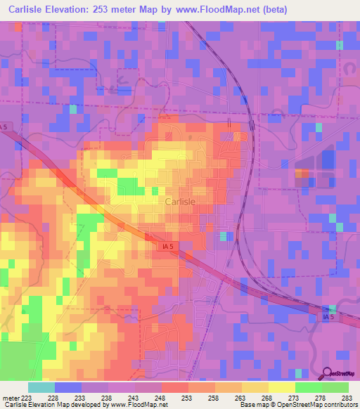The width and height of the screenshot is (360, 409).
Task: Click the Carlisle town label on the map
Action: (x=180, y=201)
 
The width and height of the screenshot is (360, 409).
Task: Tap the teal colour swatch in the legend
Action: (x=41, y=387)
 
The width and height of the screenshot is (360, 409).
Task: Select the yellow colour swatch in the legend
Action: (x=282, y=387)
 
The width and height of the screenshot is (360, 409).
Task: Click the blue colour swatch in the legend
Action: (x=68, y=387)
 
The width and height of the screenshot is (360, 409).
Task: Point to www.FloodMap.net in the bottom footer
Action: (x=138, y=405)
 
